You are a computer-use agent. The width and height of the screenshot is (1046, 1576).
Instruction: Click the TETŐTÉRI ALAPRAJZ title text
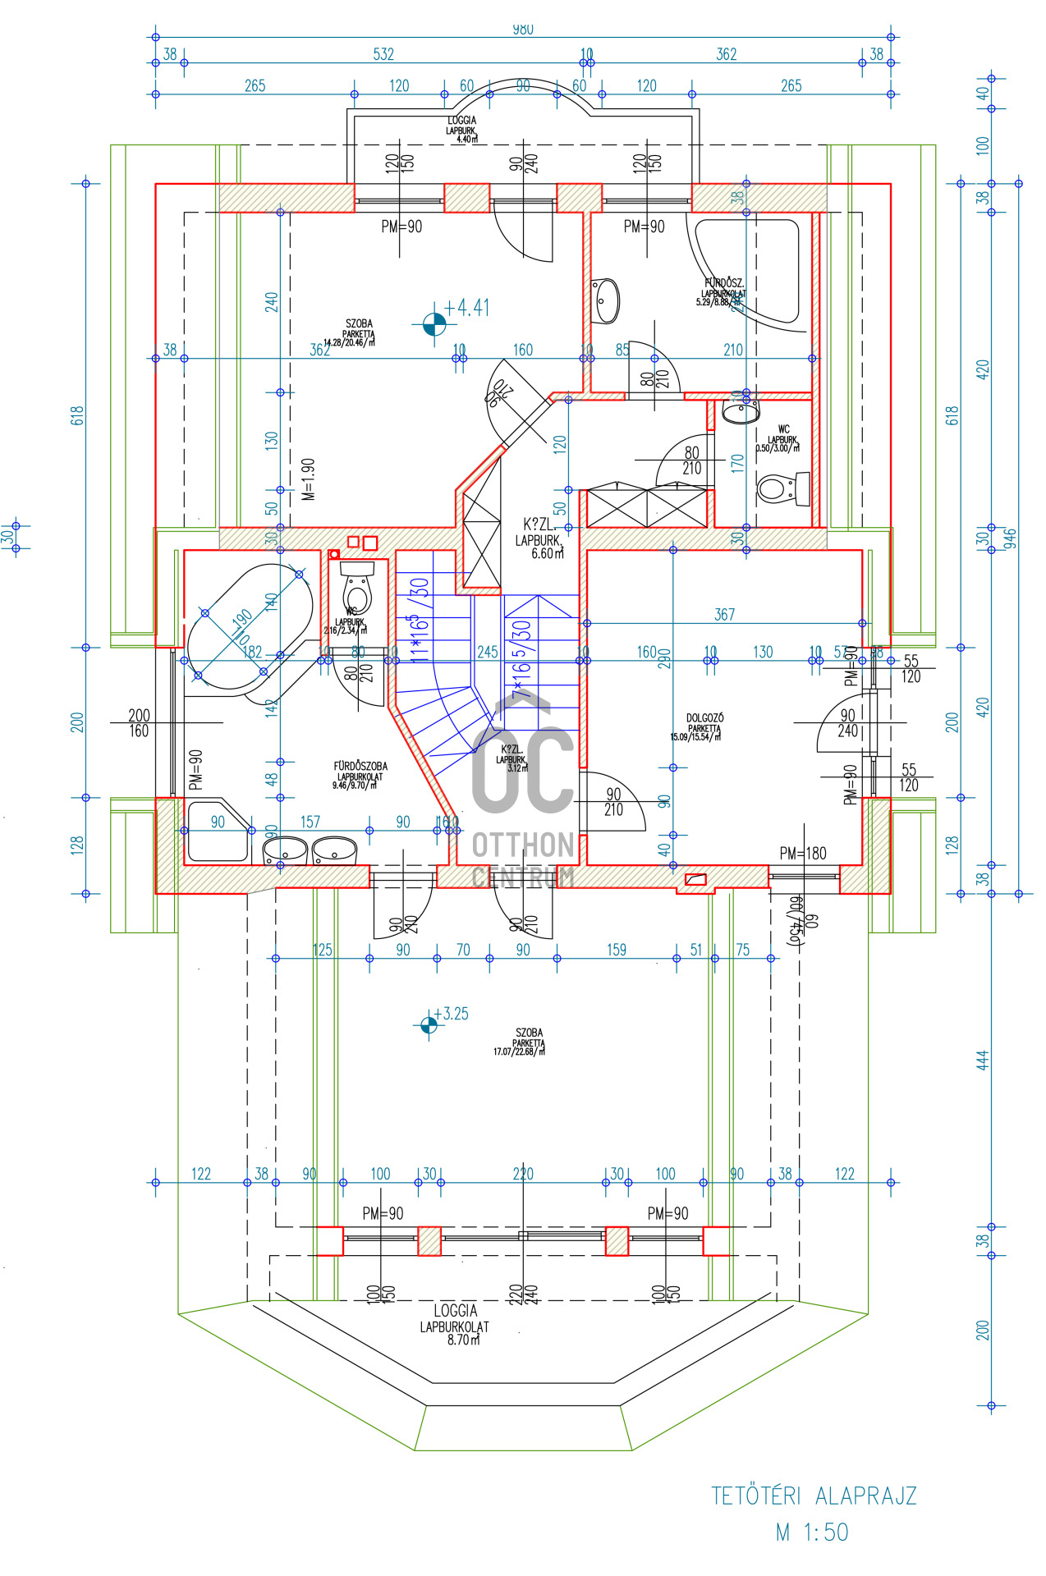coord(813,1496)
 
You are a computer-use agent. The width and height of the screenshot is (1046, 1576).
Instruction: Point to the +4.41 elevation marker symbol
coord(434,325)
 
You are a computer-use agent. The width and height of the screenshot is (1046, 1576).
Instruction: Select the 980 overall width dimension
coord(523,30)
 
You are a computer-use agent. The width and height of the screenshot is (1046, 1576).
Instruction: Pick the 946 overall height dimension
coord(1011,538)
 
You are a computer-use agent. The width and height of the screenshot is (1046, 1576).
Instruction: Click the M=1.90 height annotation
coord(309,479)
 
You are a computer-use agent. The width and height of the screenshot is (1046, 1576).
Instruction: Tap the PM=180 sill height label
coord(803,854)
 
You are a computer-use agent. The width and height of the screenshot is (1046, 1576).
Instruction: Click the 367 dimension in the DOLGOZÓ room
coord(724,615)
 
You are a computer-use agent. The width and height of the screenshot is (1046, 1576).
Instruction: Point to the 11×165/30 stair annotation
coord(420,620)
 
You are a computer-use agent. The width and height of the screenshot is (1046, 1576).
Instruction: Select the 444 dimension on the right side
coord(983,1059)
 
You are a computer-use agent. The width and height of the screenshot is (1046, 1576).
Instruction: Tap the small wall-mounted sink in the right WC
coord(741,412)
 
